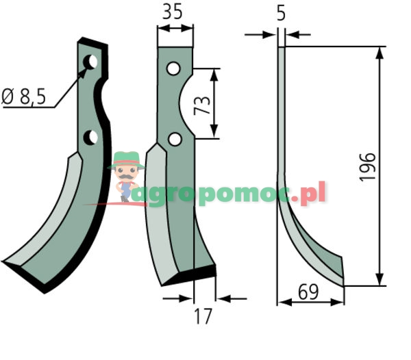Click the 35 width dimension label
tap(172, 12)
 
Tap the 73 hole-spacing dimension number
tap(202, 106)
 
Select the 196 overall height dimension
tap(367, 167)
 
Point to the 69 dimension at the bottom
tap(308, 292)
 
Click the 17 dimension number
tap(203, 316)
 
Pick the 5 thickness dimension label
tap(281, 14)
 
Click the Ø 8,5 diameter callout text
tap(23, 97)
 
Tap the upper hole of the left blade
tap(90, 62)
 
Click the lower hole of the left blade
tap(90, 137)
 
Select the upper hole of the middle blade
tap(173, 68)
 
